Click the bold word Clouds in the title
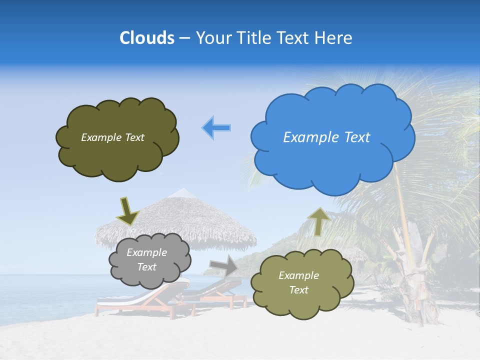point(147,38)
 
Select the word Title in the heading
point(254,38)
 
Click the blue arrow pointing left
point(216,127)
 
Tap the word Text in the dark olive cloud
point(134,137)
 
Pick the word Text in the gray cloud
point(147,267)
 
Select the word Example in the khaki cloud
point(298,275)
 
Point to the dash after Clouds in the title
point(184,38)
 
